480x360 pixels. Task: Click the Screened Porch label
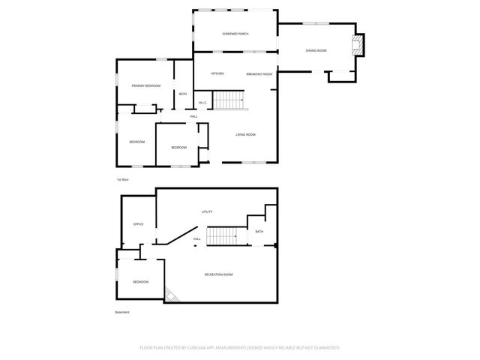pyautogui.click(x=235, y=34)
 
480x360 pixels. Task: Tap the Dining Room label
pyautogui.click(x=316, y=50)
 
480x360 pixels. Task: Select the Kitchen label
pyautogui.click(x=217, y=73)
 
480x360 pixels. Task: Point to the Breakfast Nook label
pyautogui.click(x=259, y=74)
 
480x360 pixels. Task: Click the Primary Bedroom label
pyautogui.click(x=146, y=86)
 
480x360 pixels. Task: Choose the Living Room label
pyautogui.click(x=245, y=134)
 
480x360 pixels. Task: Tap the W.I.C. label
pyautogui.click(x=202, y=103)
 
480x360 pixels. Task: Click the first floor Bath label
pyautogui.click(x=183, y=94)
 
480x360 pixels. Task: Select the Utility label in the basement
pyautogui.click(x=207, y=212)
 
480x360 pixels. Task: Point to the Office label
pyautogui.click(x=138, y=224)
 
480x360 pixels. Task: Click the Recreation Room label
pyautogui.click(x=218, y=274)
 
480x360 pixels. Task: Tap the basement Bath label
pyautogui.click(x=259, y=232)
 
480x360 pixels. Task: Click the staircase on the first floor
pyautogui.click(x=229, y=100)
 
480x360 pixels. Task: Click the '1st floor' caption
pyautogui.click(x=122, y=180)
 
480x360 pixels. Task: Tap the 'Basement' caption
pyautogui.click(x=122, y=312)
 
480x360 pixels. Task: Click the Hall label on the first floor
pyautogui.click(x=193, y=116)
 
